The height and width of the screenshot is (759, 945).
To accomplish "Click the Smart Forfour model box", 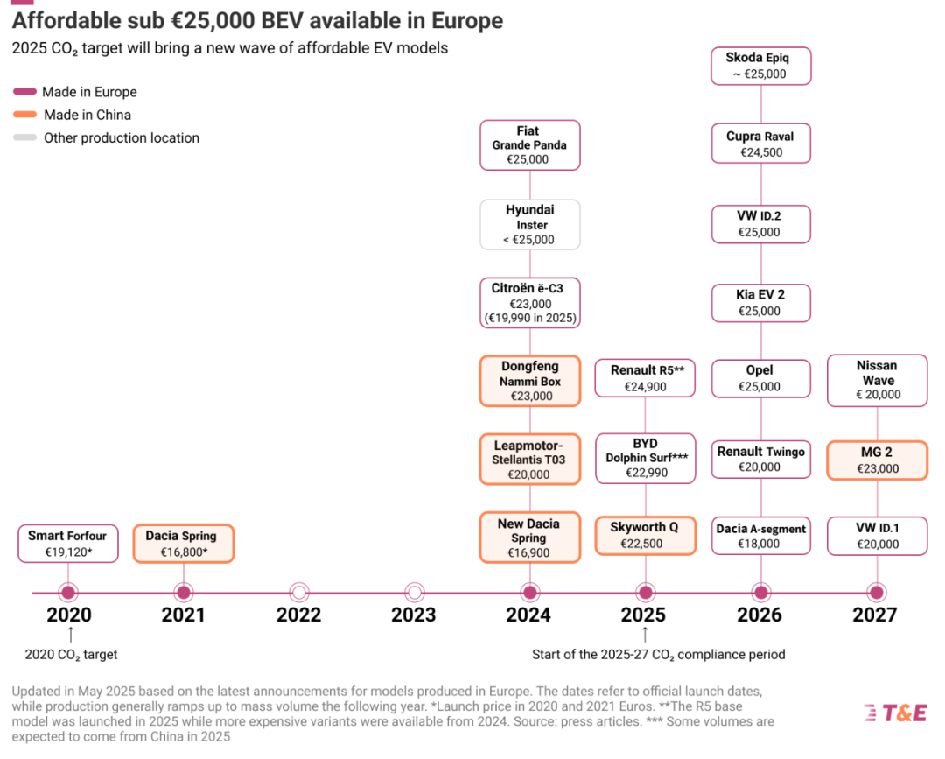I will coord(67,544).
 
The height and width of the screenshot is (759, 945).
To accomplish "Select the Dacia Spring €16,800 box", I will coord(183,544).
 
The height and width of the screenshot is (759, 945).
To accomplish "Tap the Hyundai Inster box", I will coord(529,225).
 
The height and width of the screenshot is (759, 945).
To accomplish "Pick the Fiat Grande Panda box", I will coord(529,145).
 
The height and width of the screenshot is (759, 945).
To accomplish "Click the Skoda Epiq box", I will coord(760,66).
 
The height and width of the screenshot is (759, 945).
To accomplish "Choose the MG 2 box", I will coord(877,460).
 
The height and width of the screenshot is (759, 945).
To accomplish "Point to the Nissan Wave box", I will coord(877,381).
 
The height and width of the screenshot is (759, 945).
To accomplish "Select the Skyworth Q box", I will coord(645,535).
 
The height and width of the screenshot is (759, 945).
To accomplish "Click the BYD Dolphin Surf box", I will coord(645,458).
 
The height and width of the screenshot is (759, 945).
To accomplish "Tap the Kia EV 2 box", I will coord(760,303).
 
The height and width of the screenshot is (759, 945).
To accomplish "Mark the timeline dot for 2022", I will coord(298,593).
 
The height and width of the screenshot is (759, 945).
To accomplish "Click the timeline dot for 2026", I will coord(760,593).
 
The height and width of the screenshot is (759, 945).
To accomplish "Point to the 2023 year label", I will coord(414,615).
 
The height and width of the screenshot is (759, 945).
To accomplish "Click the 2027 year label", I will coord(875,615).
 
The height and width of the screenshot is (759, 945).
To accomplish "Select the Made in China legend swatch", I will coord(25,115).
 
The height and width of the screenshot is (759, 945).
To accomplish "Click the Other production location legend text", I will coord(122,137).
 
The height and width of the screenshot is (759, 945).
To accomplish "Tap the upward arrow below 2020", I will coord(71,634).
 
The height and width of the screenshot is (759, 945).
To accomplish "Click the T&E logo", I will coord(895,713).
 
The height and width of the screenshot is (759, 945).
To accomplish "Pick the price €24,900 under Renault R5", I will coord(645,386).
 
